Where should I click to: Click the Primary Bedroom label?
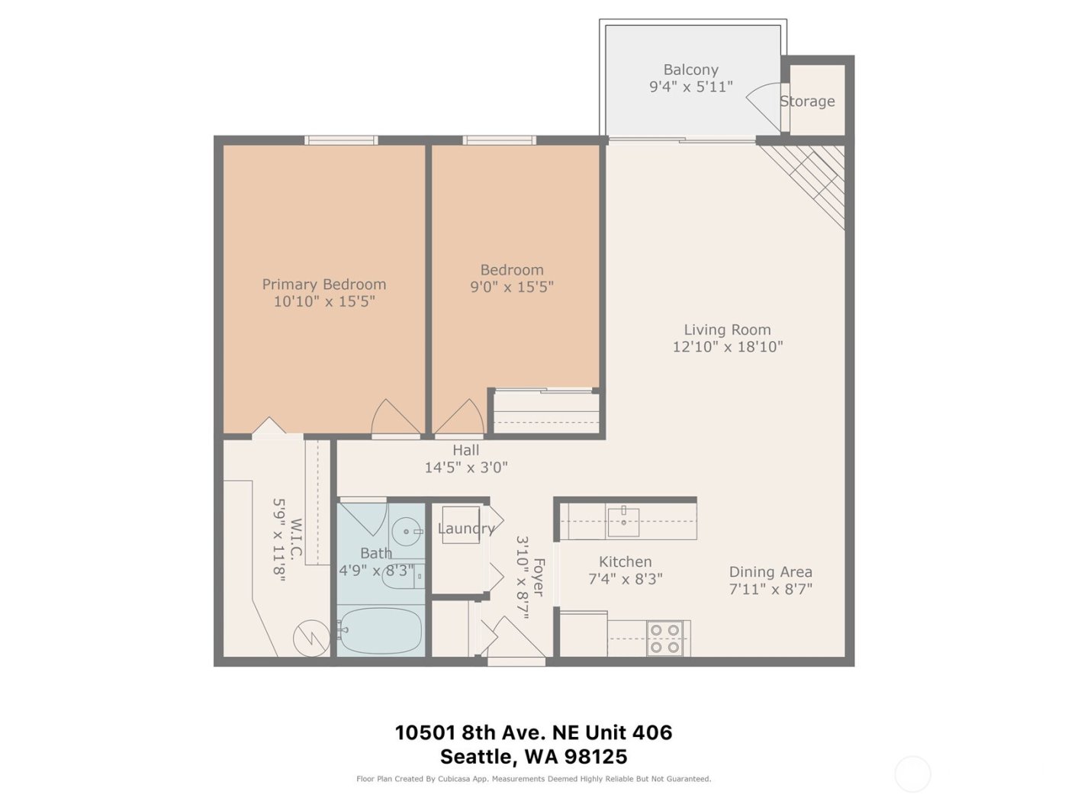coord(323,285)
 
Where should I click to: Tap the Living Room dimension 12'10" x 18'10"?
coord(727,347)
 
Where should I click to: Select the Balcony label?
coord(690,69)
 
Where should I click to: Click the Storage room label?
coord(807,101)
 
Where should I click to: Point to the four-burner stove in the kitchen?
coord(664,639)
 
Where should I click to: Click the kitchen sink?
coord(624,520)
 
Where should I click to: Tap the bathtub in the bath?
coord(380,631)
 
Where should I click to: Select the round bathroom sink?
coord(407,531)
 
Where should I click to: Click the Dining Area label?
coord(770,572)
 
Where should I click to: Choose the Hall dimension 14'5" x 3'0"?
coord(465,468)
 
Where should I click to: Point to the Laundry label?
coord(465,528)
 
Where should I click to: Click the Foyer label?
coord(539,577)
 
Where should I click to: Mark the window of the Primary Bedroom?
coord(341,140)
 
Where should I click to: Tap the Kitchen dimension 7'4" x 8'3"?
coord(625,579)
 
